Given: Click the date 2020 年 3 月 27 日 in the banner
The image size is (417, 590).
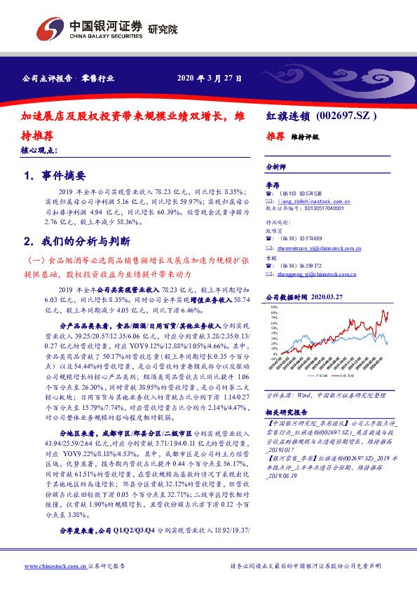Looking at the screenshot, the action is [x=210, y=78].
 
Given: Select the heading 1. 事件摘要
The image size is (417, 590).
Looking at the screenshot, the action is [x=54, y=176].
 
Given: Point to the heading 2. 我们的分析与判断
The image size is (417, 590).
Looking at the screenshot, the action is [x=76, y=241].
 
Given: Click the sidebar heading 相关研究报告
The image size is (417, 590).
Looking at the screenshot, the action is [x=287, y=412].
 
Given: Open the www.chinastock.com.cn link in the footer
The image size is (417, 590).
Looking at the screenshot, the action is [x=55, y=565].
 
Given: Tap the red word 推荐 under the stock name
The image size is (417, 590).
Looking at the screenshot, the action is [x=275, y=136].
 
